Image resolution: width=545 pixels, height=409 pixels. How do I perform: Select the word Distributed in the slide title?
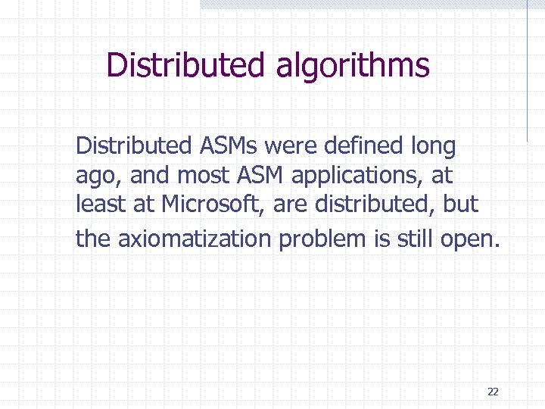186,65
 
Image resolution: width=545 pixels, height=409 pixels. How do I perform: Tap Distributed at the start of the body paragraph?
131,144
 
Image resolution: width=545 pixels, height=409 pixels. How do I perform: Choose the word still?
418,239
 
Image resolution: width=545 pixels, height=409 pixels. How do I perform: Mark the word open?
473,240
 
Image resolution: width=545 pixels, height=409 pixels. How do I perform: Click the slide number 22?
493,392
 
